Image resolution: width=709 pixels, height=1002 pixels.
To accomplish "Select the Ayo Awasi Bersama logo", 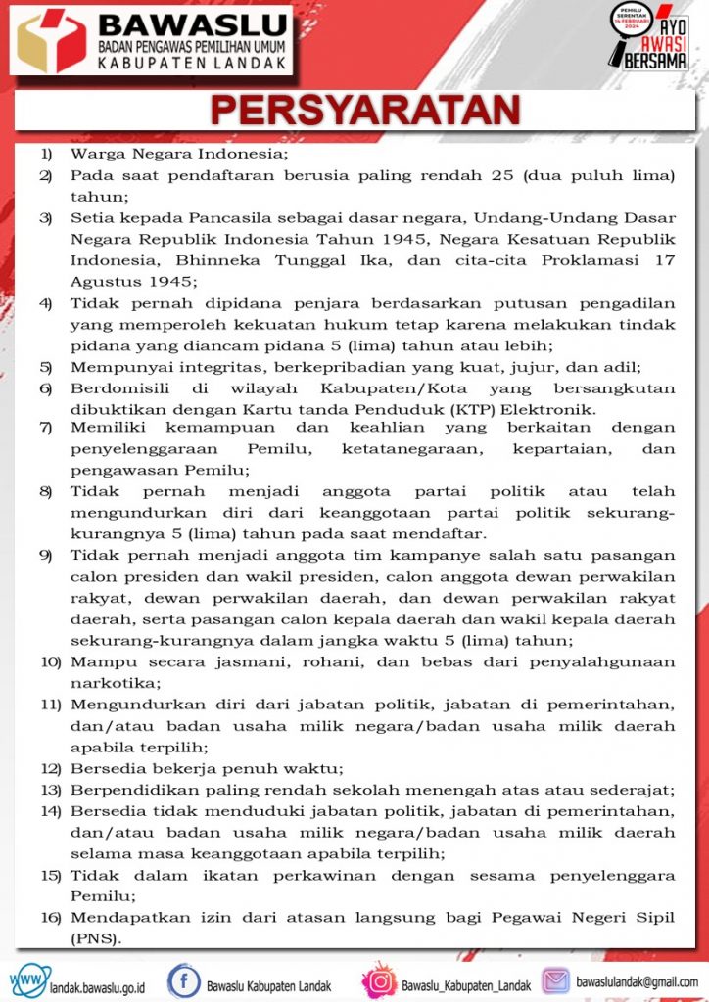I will point(648,37).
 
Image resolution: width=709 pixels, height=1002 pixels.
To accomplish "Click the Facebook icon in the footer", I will point(183,980).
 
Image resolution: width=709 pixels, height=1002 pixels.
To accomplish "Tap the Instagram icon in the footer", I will point(379,980).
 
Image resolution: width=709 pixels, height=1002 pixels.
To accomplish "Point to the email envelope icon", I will point(555,980).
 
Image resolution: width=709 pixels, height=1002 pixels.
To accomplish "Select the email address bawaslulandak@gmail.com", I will point(638,981).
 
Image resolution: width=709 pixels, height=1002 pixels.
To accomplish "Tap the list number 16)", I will point(50,917).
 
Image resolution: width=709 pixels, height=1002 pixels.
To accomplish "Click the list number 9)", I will point(46,555).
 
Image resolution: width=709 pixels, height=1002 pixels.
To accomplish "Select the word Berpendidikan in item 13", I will point(127,790).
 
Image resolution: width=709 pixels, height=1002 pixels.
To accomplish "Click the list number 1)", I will point(46,154).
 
